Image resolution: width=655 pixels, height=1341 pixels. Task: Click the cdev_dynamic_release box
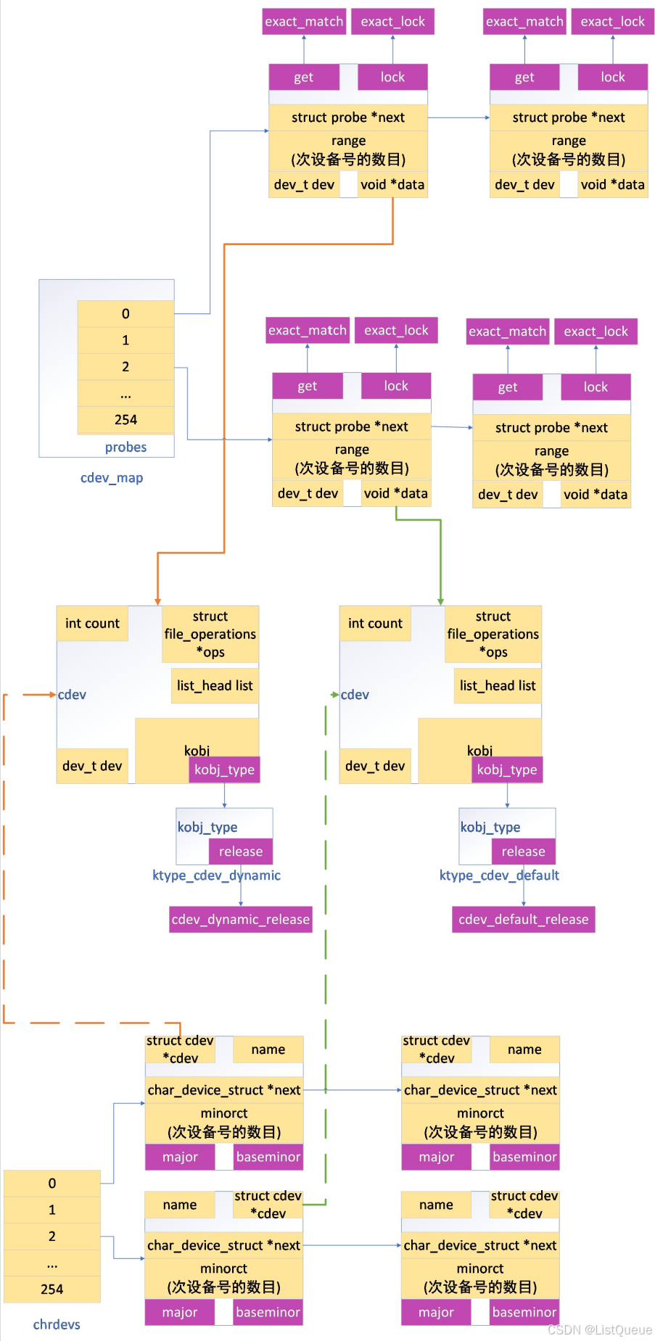tap(240, 919)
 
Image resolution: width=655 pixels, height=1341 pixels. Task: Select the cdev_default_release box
tap(523, 919)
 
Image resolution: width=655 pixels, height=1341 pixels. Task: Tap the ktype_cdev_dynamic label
tap(216, 875)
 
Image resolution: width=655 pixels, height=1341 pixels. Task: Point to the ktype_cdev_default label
tap(499, 875)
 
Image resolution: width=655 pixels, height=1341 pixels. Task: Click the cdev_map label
tap(112, 478)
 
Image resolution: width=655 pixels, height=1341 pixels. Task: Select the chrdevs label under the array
tap(57, 1324)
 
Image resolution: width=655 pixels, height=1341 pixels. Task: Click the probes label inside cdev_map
tap(125, 447)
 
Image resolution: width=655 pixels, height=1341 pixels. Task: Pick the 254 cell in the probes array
tap(125, 420)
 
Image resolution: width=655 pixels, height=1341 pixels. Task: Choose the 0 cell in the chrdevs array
tap(52, 1183)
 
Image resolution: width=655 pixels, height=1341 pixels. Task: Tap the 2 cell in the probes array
tap(125, 367)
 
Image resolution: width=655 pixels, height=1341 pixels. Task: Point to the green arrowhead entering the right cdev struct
tap(440, 601)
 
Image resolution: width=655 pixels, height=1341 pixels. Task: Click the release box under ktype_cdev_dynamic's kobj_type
tap(241, 851)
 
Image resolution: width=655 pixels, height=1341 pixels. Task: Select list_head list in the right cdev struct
tap(498, 686)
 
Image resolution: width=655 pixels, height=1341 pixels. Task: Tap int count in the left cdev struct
tap(92, 624)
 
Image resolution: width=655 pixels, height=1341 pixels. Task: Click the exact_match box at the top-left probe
tap(304, 22)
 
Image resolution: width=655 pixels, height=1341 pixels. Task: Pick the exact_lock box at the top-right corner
tap(612, 22)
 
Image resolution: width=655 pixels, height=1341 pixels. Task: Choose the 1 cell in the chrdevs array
tap(52, 1210)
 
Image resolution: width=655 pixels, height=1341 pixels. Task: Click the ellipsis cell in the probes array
tap(125, 394)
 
